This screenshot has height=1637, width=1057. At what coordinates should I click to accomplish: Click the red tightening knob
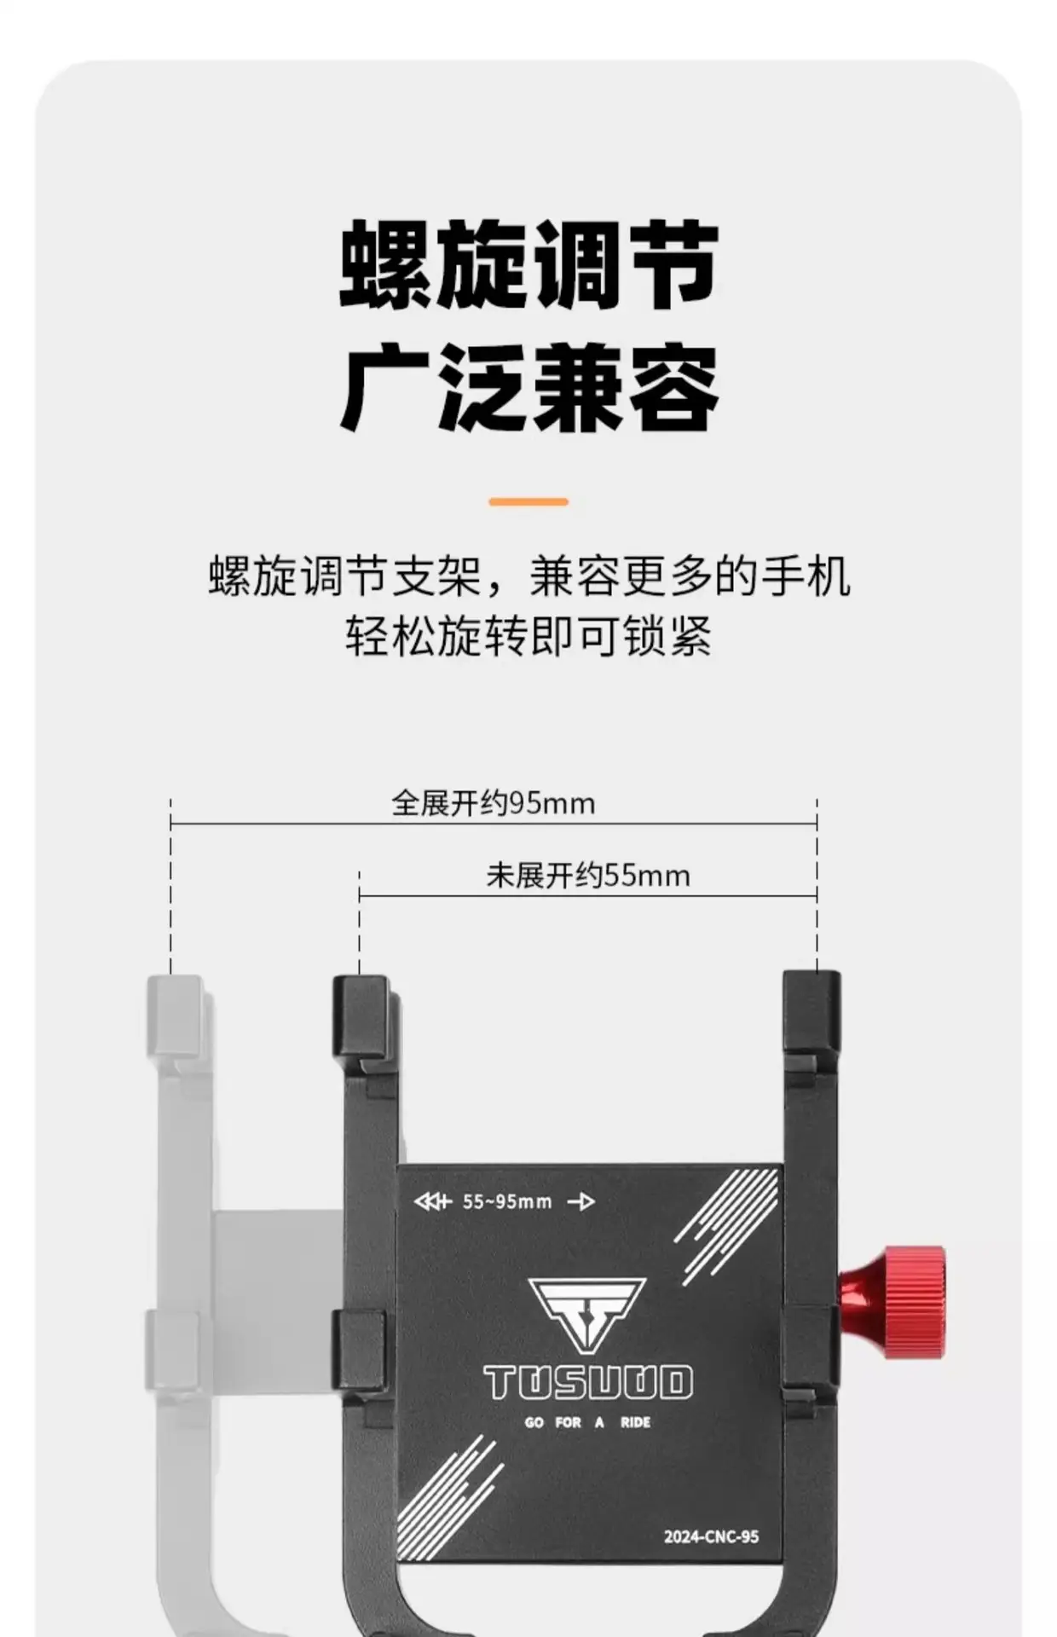(892, 1302)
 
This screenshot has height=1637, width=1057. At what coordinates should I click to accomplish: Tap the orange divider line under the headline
(528, 502)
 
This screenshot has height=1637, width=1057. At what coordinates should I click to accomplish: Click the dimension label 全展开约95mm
(493, 803)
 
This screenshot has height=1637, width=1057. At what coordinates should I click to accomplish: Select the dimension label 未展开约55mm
(588, 876)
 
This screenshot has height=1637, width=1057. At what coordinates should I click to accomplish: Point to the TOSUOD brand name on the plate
(588, 1384)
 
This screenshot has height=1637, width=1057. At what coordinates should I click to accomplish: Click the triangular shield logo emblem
(587, 1314)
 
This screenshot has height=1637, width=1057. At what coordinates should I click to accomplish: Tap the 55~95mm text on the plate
(507, 1202)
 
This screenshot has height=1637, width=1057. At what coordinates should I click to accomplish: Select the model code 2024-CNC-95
(711, 1536)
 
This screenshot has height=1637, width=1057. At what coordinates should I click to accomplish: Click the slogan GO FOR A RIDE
(587, 1422)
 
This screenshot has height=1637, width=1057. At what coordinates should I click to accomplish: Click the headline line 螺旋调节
(528, 264)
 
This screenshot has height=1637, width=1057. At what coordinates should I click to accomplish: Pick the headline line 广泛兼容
(528, 388)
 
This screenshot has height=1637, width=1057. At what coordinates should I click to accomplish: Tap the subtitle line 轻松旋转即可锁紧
(528, 635)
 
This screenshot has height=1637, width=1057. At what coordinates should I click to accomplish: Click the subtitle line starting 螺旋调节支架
(528, 576)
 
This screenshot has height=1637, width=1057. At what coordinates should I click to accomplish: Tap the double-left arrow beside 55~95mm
(432, 1202)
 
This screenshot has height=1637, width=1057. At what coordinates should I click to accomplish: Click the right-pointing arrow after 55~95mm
(581, 1202)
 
